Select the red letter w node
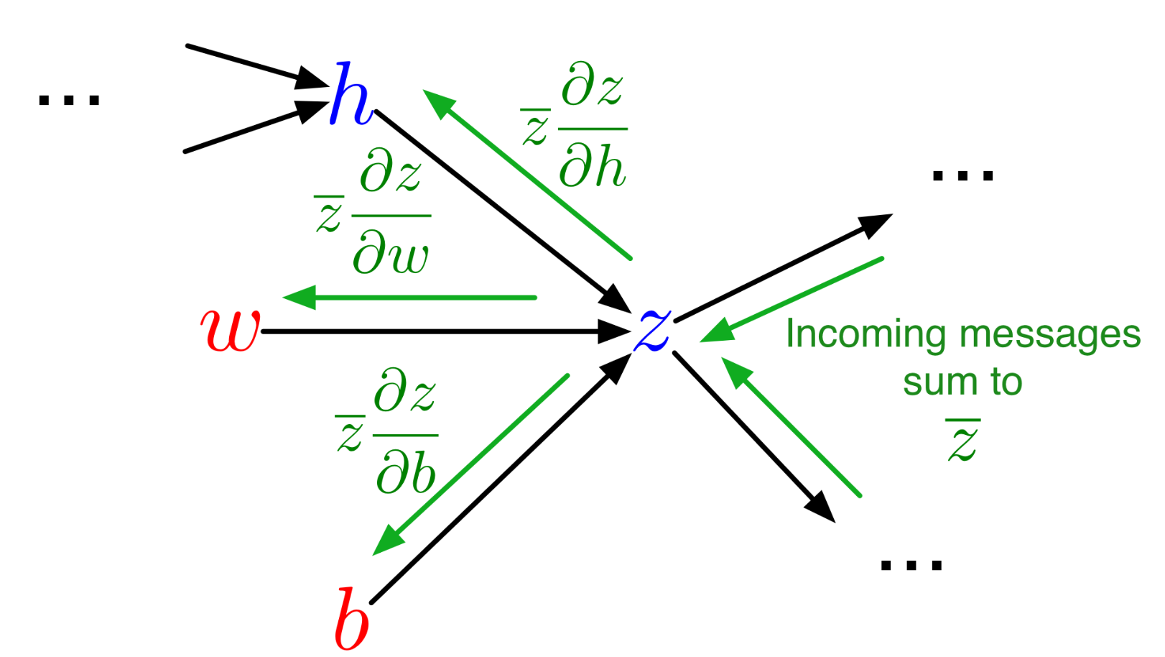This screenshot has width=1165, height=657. click(x=230, y=330)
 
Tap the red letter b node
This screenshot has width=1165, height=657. click(x=352, y=618)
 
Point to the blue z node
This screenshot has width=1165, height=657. click(x=652, y=329)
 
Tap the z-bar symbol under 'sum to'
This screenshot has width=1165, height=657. click(x=962, y=440)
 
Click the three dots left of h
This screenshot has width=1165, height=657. click(x=69, y=100)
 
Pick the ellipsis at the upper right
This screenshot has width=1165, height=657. click(x=962, y=175)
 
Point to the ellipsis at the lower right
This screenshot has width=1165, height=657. click(x=911, y=565)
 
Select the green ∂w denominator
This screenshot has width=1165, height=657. click(x=391, y=253)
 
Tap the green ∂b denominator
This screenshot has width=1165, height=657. click(x=406, y=472)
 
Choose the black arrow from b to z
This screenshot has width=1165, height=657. click(x=496, y=482)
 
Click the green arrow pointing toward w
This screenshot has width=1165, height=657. click(x=409, y=297)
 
